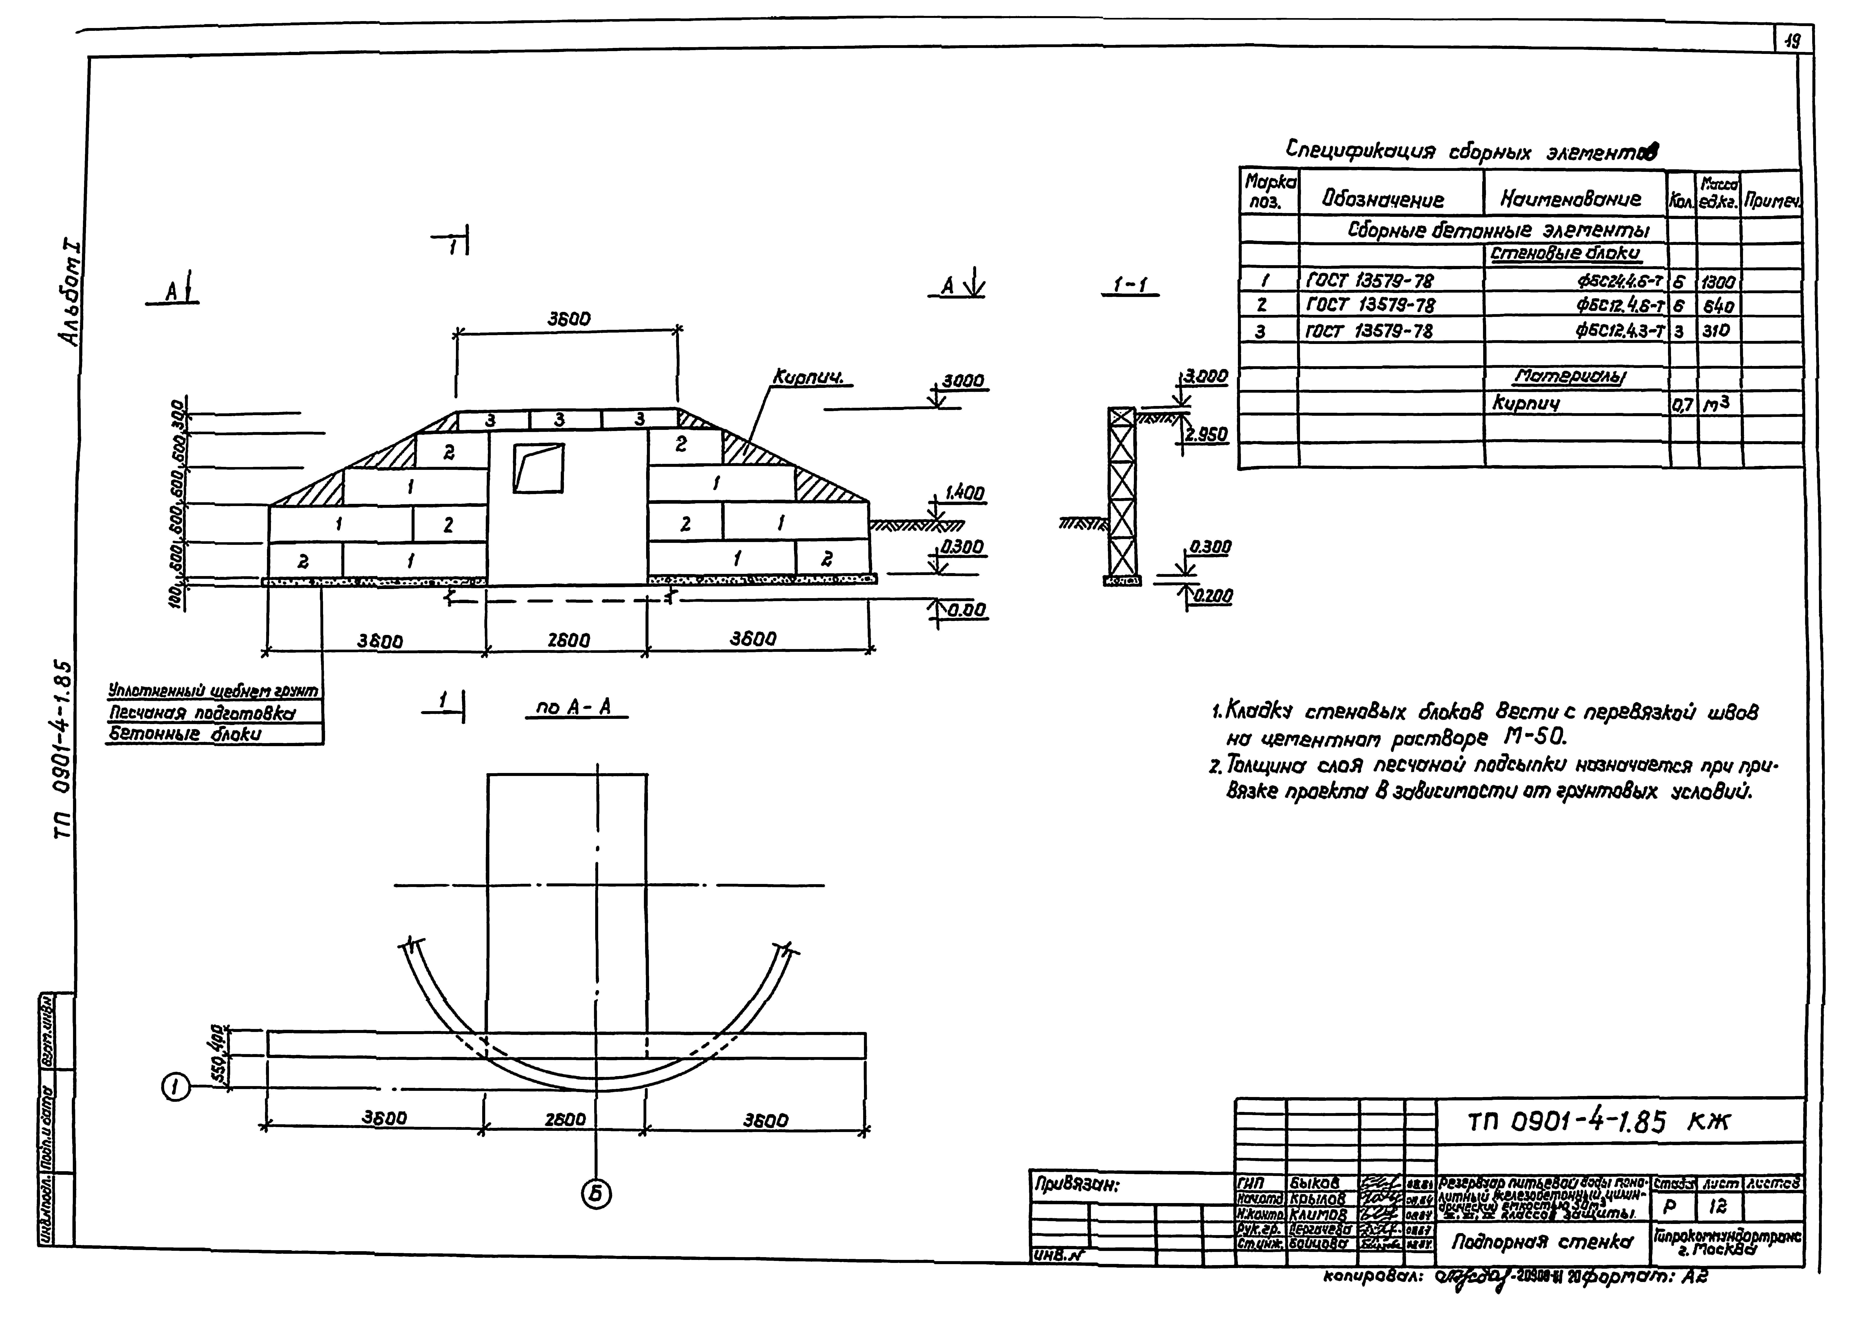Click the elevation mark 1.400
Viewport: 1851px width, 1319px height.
(964, 493)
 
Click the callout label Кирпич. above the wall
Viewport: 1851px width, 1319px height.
(809, 378)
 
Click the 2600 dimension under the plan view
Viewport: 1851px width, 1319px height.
(565, 1120)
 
